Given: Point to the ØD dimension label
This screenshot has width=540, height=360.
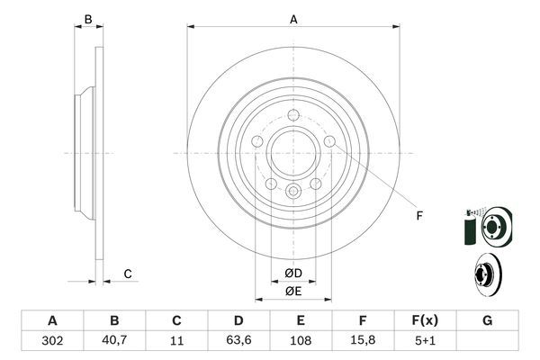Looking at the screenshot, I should coord(293,273).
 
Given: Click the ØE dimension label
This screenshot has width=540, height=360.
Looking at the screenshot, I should coord(293,291).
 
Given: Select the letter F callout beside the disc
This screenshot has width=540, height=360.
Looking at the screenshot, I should coord(418,216).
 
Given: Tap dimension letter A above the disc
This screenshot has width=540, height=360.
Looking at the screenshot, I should coord(293,19).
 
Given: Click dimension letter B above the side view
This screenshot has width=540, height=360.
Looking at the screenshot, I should coord(87,19).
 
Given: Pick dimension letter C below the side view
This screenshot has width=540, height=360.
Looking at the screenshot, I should coord(128,274).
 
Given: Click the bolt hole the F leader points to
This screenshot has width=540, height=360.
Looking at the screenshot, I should coord(330,142).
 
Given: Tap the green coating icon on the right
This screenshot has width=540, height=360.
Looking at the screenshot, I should coord(468,232).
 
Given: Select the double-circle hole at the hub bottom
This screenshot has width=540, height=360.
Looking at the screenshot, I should coord(293,191).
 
